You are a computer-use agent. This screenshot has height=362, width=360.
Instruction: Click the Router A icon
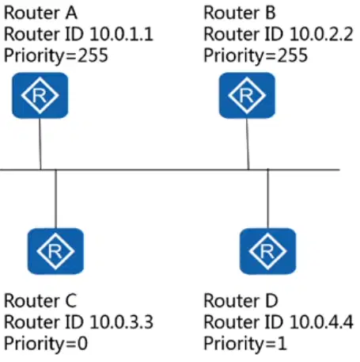[40, 95]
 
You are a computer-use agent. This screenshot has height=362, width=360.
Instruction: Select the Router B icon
[247, 95]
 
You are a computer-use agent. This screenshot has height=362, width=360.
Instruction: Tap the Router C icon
[55, 251]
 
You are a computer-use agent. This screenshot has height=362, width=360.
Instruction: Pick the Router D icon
[267, 251]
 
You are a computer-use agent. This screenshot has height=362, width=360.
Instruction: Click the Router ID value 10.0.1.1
[121, 34]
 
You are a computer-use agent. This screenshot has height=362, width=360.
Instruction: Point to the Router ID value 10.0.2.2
[321, 34]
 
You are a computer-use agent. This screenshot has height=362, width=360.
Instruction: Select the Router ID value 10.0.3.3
[121, 322]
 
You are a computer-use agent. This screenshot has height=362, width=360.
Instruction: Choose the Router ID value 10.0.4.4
[321, 322]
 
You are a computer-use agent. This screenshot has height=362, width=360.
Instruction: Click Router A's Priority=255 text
[56, 56]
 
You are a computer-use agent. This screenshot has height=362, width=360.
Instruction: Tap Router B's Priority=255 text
[256, 56]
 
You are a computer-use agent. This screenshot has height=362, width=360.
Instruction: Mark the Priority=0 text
[46, 344]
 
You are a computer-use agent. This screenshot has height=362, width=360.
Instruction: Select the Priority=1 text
[245, 344]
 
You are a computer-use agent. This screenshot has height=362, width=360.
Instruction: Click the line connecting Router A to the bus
[40, 144]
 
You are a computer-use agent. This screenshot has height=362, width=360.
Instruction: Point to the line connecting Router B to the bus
[248, 144]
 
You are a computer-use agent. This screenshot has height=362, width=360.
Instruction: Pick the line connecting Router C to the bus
[55, 199]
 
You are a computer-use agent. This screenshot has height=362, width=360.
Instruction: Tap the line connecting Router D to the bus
[268, 199]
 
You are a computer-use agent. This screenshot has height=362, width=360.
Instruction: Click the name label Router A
[40, 13]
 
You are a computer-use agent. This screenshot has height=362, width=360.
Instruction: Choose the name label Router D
[241, 301]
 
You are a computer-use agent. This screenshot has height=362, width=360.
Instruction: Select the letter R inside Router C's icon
[55, 251]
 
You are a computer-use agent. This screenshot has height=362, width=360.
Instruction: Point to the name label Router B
[240, 13]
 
